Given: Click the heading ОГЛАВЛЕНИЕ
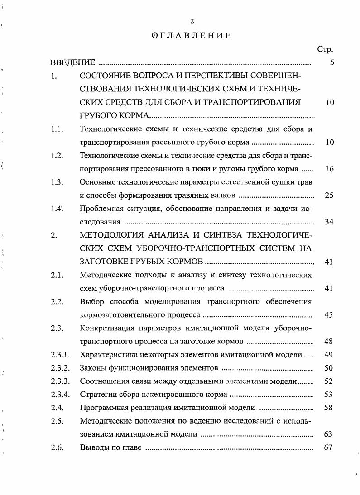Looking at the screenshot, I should [x=191, y=36].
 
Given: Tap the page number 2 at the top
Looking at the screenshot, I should [x=192, y=21].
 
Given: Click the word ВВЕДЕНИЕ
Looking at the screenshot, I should [x=72, y=63].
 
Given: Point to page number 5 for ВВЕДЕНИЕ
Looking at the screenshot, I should [x=332, y=63].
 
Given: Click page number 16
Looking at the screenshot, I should [x=329, y=169].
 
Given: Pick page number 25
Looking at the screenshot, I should [x=329, y=195].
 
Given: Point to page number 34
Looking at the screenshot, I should [x=329, y=222].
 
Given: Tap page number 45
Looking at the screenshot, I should [x=329, y=314].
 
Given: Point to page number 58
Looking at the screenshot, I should [x=329, y=407].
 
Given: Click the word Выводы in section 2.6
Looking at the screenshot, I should [x=93, y=447].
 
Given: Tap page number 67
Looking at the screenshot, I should [x=329, y=447].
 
